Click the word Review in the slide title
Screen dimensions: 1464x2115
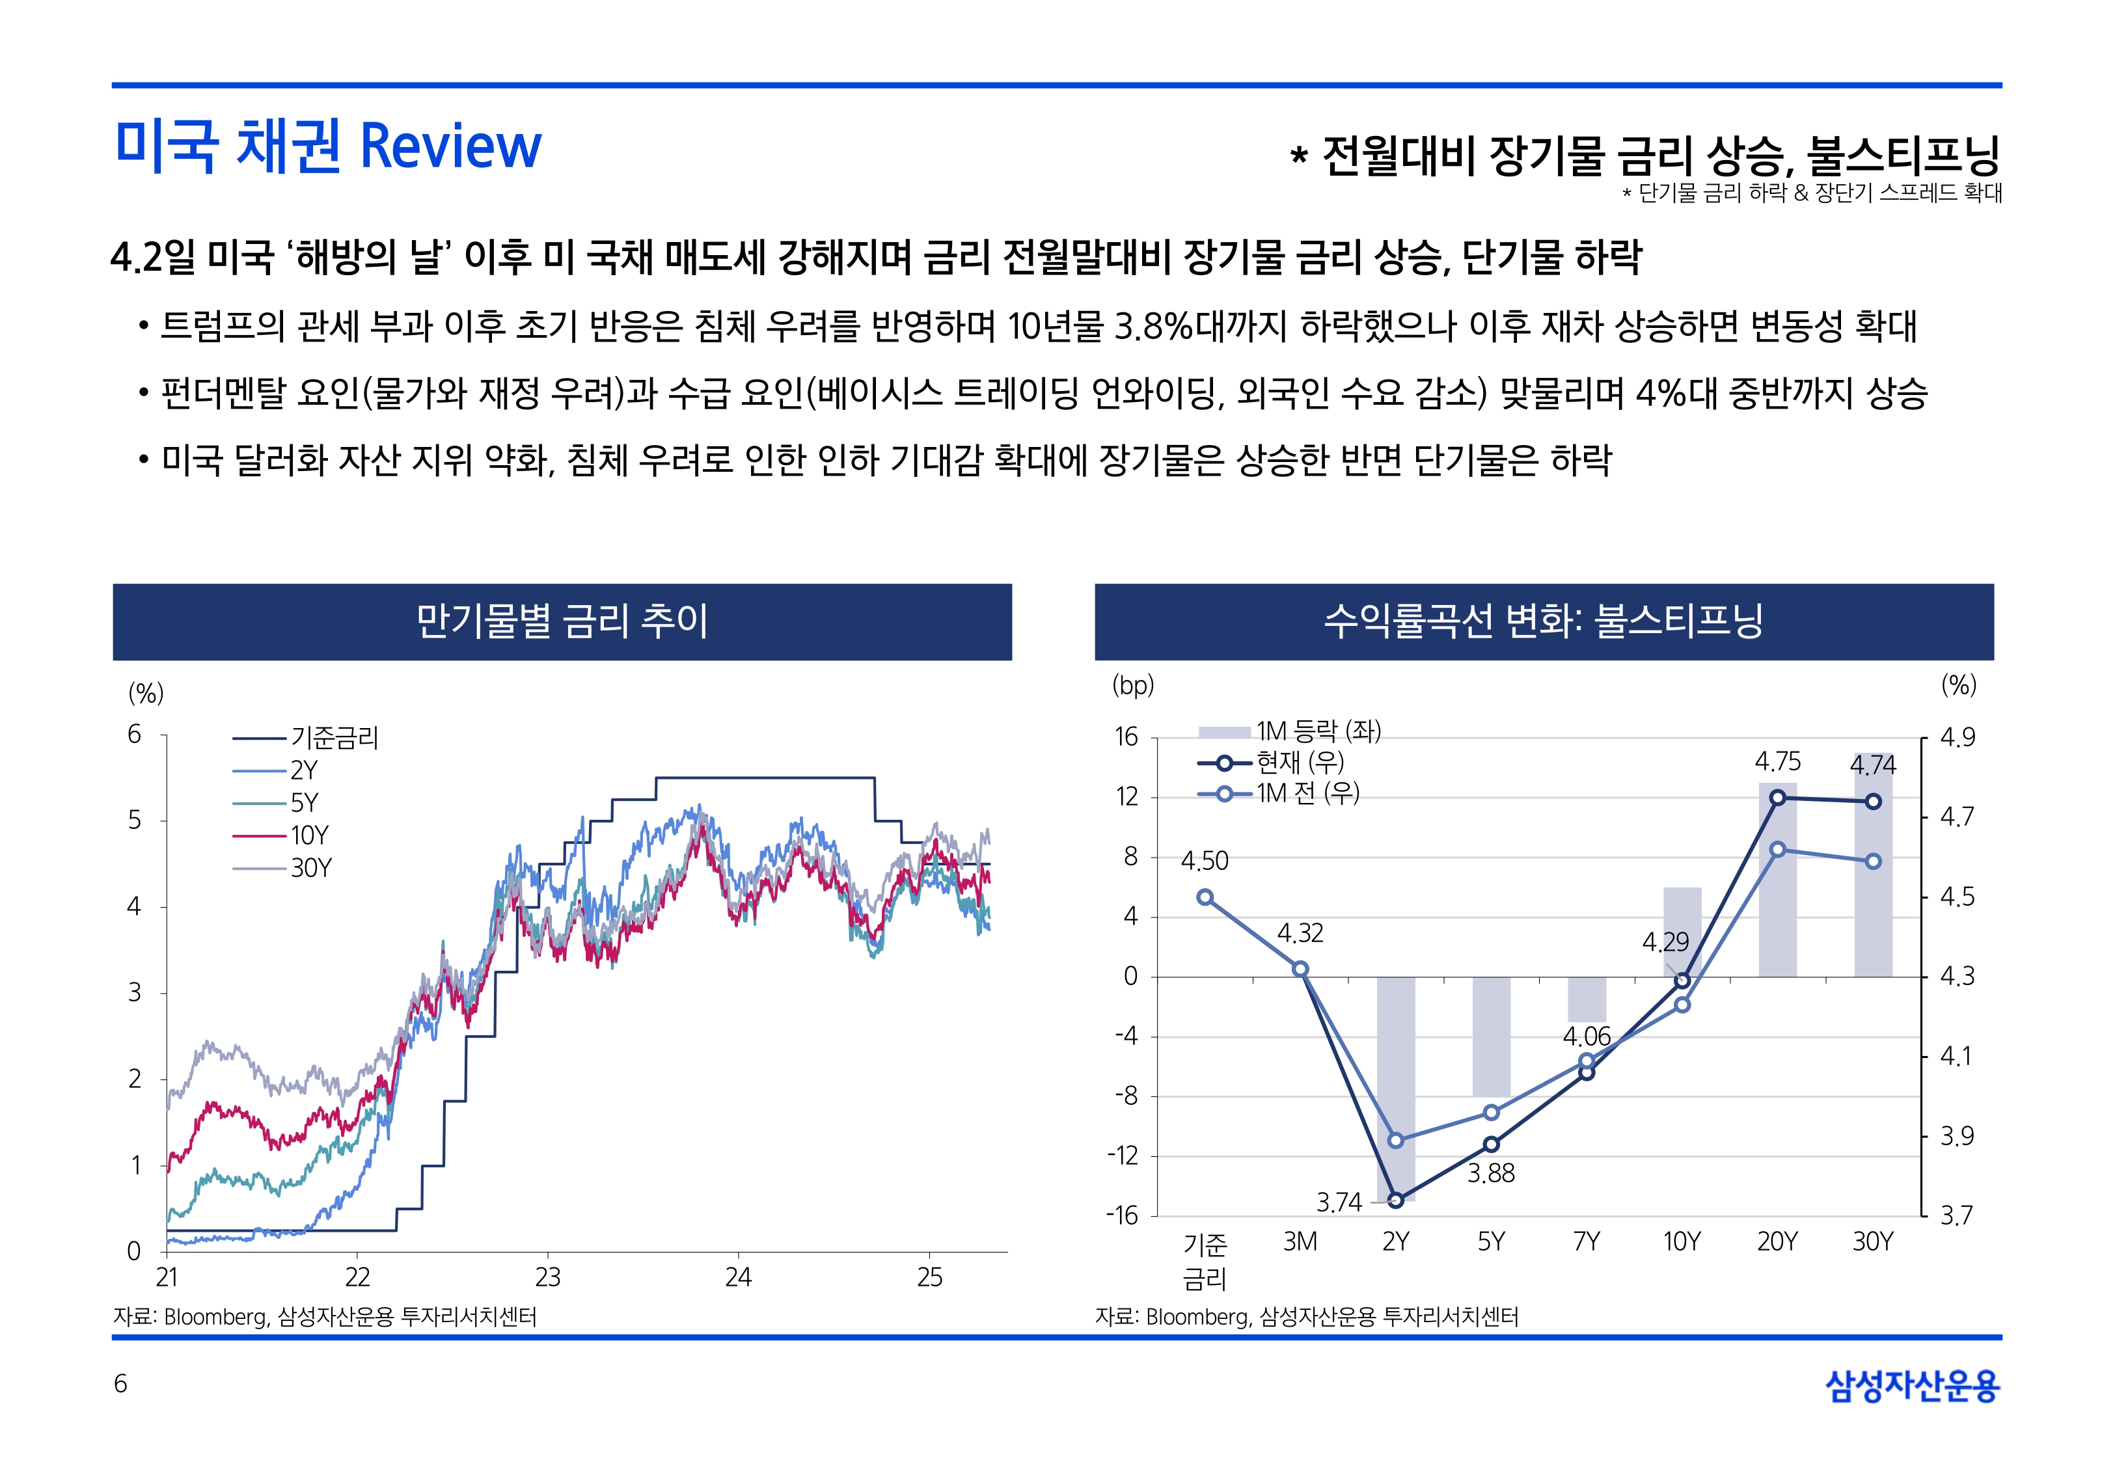click(x=450, y=147)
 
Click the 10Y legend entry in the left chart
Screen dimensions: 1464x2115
click(x=309, y=835)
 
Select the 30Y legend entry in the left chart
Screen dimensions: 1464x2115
click(x=311, y=868)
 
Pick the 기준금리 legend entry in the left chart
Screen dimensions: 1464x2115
click(x=334, y=737)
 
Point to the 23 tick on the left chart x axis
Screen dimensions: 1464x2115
click(x=547, y=1277)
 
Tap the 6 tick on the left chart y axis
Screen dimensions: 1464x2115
click(x=135, y=734)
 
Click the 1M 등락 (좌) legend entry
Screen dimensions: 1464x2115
click(x=1318, y=731)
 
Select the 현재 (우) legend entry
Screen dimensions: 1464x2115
click(x=1300, y=763)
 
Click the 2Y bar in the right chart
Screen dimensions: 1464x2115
click(x=1395, y=1088)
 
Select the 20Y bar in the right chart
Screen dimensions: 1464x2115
click(x=1777, y=880)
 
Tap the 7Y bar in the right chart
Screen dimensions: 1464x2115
click(x=1586, y=999)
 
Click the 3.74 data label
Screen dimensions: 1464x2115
click(x=1339, y=1202)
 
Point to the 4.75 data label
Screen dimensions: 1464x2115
click(x=1777, y=761)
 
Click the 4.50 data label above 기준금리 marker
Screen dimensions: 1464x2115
click(x=1204, y=860)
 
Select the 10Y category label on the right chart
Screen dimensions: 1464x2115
click(x=1681, y=1242)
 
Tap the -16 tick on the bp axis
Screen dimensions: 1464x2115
click(x=1122, y=1216)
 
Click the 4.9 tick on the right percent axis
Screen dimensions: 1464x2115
click(x=1958, y=737)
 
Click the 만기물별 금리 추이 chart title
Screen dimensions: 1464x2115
click(x=562, y=621)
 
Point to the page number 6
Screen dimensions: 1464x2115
click(x=120, y=1383)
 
